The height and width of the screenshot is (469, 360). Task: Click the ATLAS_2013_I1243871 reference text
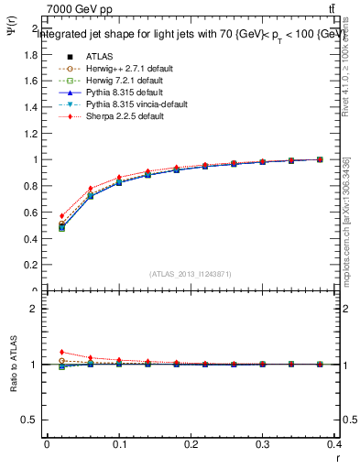tap(191, 274)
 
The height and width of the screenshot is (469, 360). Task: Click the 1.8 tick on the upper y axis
tap(30, 54)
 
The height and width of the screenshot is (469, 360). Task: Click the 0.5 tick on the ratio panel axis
tap(30, 420)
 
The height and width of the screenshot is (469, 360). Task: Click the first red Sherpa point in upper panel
tap(61, 216)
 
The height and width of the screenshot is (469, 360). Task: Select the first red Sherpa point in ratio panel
tap(61, 352)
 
